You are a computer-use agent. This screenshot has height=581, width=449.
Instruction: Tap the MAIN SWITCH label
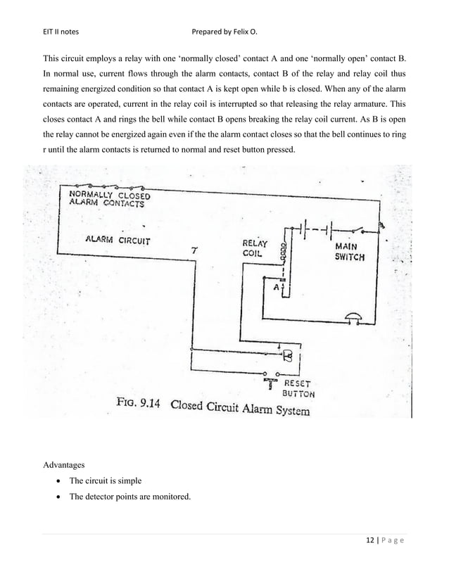[x=349, y=252]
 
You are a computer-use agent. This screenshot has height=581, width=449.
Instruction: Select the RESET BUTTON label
[x=299, y=389]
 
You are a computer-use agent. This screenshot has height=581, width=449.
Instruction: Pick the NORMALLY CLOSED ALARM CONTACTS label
[x=108, y=198]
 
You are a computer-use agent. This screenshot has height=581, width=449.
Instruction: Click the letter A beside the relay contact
[x=277, y=288]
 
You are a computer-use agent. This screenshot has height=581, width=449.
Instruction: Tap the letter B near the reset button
[x=287, y=354]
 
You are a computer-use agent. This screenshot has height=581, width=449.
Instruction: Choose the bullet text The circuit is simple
[x=105, y=481]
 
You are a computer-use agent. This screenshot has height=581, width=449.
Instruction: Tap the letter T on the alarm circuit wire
[x=195, y=250]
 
